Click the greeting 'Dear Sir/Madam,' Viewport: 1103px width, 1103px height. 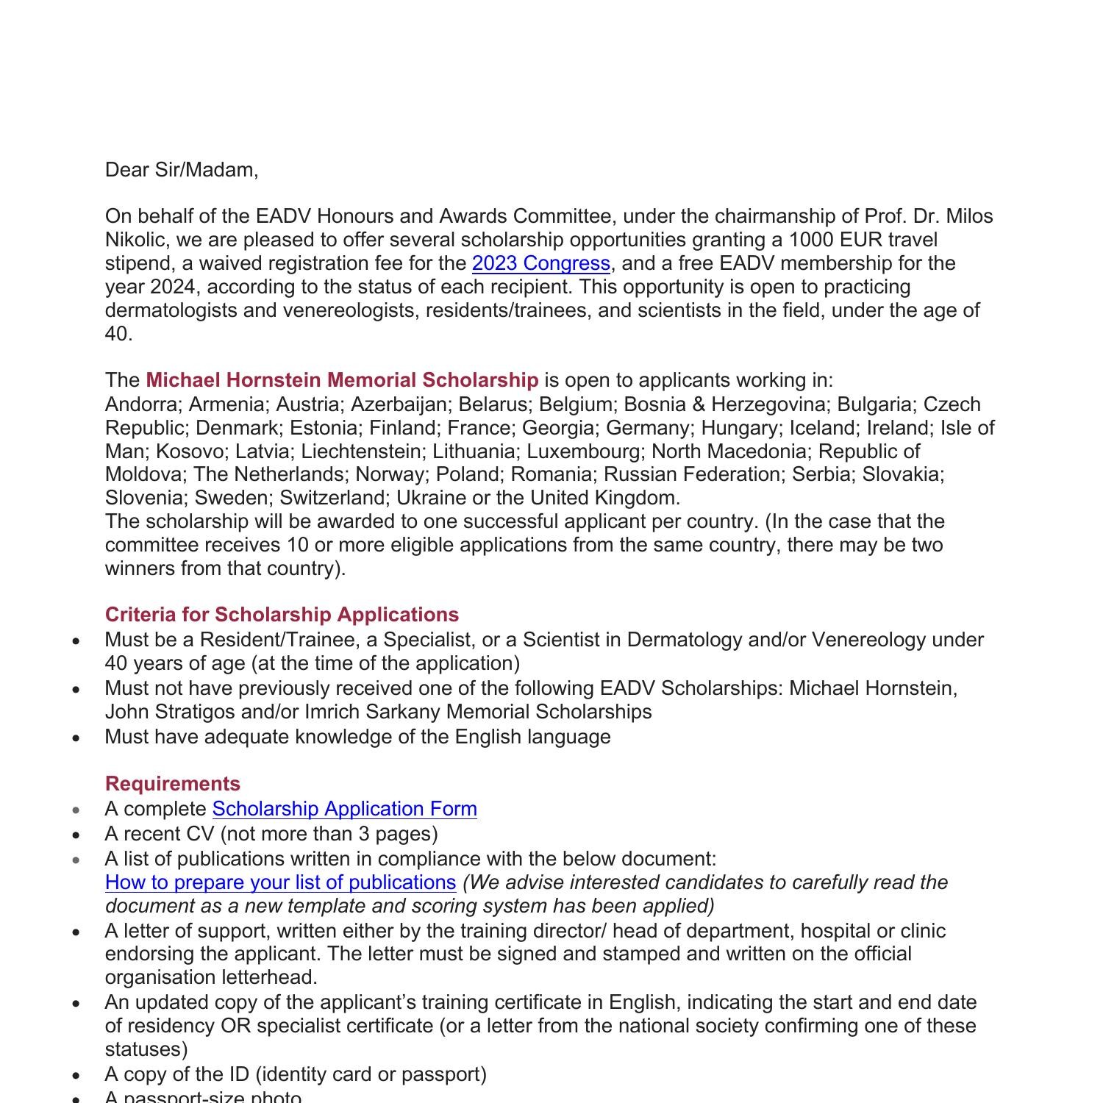pyautogui.click(x=182, y=170)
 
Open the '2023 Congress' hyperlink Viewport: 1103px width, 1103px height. pyautogui.click(x=540, y=263)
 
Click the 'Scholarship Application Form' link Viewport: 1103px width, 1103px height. pyautogui.click(x=344, y=809)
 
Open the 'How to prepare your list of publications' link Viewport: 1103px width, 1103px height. pyautogui.click(x=280, y=882)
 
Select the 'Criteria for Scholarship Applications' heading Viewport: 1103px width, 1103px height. pyautogui.click(x=282, y=615)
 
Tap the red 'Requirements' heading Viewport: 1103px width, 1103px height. pyautogui.click(x=173, y=784)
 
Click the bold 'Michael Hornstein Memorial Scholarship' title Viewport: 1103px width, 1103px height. pyautogui.click(x=342, y=380)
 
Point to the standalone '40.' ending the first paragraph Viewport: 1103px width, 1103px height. pyautogui.click(x=118, y=334)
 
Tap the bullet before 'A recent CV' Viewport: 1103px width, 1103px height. pyautogui.click(x=77, y=835)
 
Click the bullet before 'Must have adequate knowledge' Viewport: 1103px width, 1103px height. pyautogui.click(x=77, y=738)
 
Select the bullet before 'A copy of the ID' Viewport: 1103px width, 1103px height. pyautogui.click(x=77, y=1075)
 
